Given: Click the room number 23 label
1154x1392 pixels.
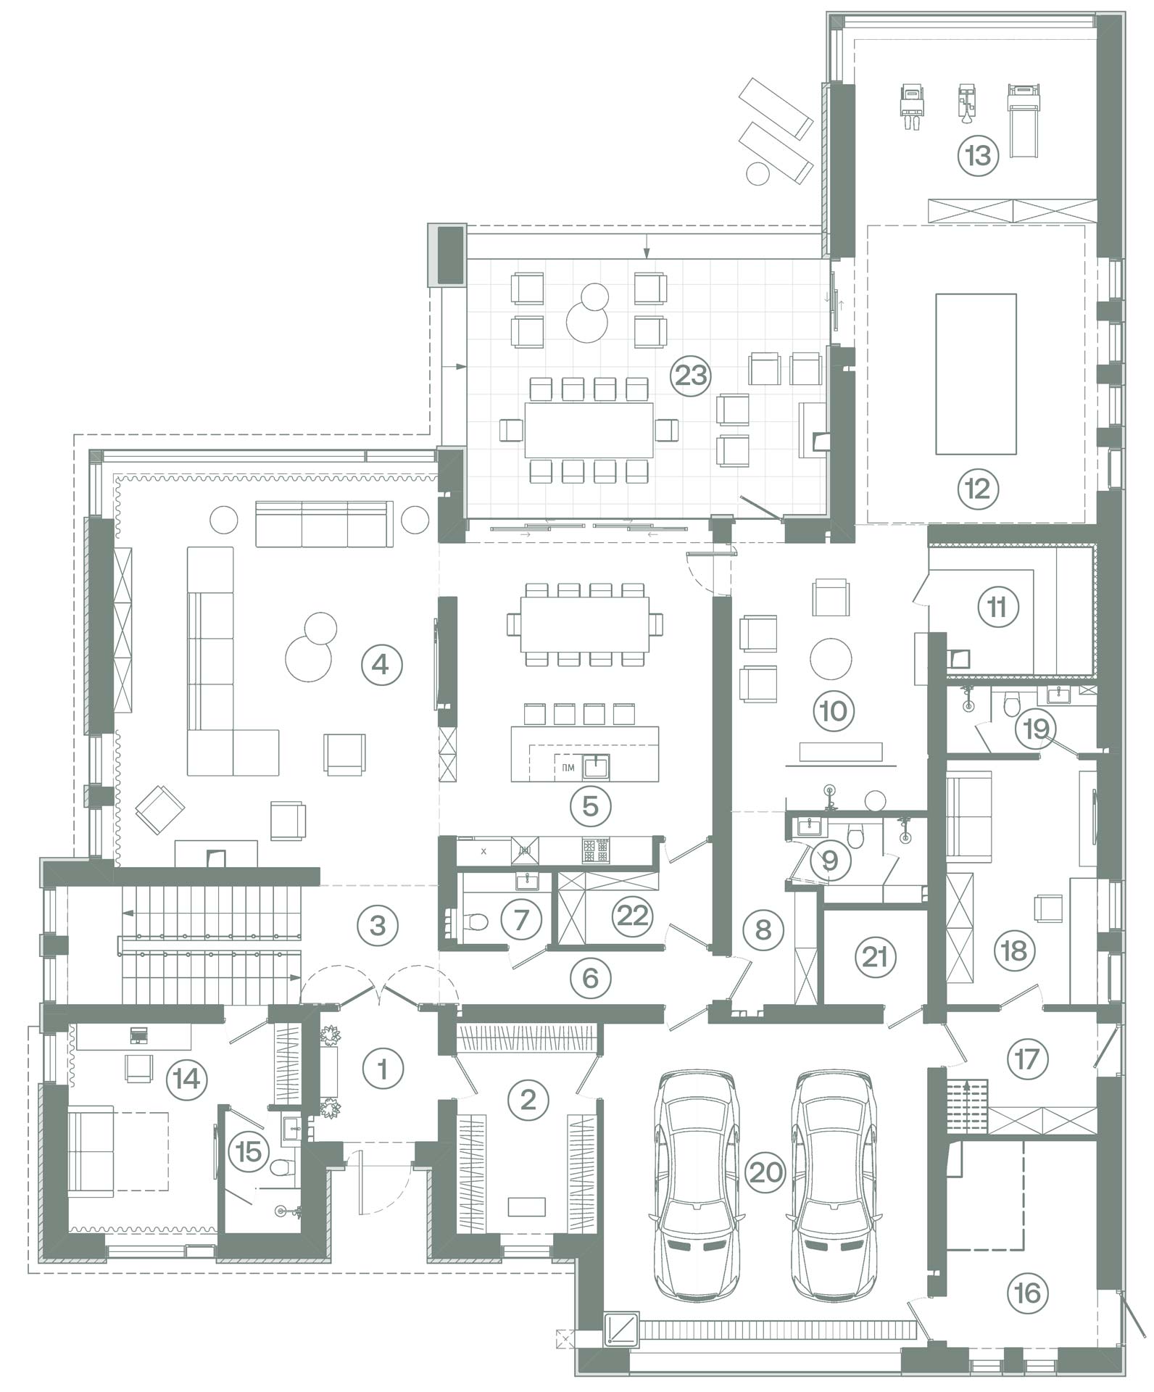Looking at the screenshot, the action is pos(690,376).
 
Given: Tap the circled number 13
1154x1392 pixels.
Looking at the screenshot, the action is pos(978,155).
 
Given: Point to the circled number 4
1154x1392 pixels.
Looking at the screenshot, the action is pos(381,665).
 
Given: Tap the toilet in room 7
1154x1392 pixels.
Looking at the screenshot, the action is pos(473,921).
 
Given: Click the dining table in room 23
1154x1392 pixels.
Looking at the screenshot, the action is pos(589,431).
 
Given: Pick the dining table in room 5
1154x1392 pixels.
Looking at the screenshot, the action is pos(585,624).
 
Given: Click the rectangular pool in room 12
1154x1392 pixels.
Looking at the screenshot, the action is pos(976,373).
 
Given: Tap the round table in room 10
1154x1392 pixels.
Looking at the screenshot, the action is pos(830,658).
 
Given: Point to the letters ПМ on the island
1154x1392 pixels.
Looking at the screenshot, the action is pos(568,766).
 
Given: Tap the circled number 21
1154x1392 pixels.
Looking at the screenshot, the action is pos(876,958).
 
